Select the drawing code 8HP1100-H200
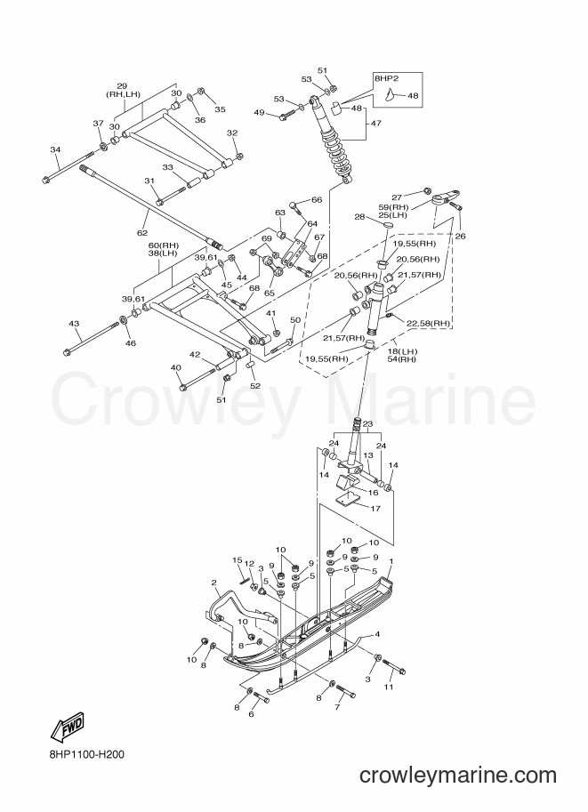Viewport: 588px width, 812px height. (84, 754)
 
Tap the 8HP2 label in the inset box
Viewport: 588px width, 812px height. (386, 79)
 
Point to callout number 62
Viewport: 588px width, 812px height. (142, 232)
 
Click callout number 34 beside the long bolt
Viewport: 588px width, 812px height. (55, 149)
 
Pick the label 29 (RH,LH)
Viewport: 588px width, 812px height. (122, 90)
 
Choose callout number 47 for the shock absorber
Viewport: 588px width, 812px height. (375, 124)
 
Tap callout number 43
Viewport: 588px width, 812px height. (74, 324)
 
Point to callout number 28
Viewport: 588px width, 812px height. (359, 217)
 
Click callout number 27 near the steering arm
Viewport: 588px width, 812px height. (397, 197)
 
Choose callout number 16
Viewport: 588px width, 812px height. (373, 493)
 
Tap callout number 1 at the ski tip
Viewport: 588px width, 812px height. (391, 561)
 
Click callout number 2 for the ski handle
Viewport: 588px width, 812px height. (213, 583)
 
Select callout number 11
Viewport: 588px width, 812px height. (389, 687)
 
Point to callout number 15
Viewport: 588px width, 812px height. (238, 559)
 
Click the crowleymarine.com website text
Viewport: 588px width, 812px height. (458, 776)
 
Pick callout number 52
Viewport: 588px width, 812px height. (255, 385)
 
